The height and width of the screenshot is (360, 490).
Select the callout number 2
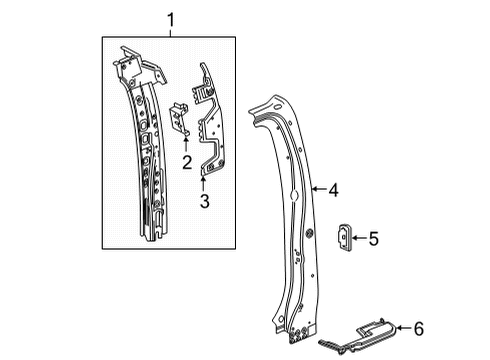(186, 162)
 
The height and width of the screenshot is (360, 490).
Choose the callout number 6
(419, 327)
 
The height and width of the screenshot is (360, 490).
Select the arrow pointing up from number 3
(204, 180)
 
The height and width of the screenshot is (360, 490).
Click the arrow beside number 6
(402, 327)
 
